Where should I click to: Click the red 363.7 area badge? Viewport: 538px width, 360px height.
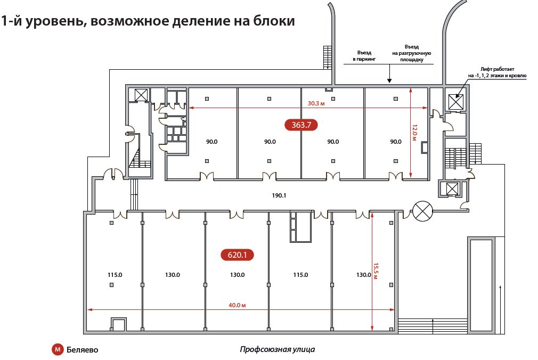(301, 125)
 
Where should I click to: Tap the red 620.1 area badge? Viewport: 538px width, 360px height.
(237, 255)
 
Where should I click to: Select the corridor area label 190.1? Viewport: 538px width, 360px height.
(279, 195)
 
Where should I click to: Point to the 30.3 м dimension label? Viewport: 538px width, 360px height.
(316, 103)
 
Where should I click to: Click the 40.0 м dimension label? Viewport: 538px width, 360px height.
(237, 305)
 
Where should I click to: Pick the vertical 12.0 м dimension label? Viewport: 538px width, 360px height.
(414, 133)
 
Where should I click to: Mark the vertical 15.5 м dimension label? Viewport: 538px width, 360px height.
(376, 271)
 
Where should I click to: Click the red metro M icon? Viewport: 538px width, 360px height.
(58, 349)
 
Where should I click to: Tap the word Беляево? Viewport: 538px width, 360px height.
(83, 350)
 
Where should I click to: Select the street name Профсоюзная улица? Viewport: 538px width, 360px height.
(277, 349)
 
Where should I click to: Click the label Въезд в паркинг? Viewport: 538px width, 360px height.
(364, 56)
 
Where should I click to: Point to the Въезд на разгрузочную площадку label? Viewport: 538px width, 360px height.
(412, 53)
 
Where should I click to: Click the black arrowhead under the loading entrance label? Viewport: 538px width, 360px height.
(389, 81)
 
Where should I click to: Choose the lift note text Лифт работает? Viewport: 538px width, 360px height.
(497, 69)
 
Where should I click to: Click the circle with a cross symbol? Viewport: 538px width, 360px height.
(422, 211)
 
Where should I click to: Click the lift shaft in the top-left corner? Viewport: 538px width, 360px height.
(141, 95)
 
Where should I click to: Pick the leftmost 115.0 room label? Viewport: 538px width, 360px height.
(115, 275)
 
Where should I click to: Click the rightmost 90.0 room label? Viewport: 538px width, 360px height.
(396, 142)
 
